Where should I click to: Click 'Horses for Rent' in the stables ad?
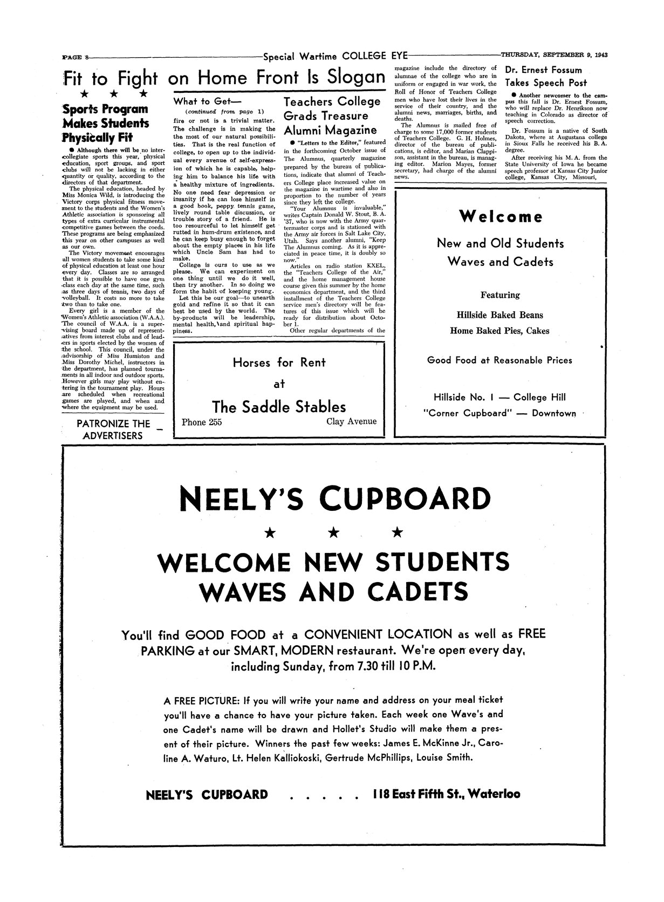click(279, 363)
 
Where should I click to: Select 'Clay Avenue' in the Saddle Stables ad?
click(351, 421)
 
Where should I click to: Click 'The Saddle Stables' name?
click(279, 406)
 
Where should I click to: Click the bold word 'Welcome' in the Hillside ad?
click(501, 217)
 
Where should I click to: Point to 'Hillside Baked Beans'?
click(499, 315)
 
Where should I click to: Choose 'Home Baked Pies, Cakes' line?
click(499, 331)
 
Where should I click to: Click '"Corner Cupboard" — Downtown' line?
click(499, 413)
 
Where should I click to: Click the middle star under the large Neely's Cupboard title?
click(334, 533)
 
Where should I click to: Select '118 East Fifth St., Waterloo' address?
click(446, 794)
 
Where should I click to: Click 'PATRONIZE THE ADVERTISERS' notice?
click(113, 429)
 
